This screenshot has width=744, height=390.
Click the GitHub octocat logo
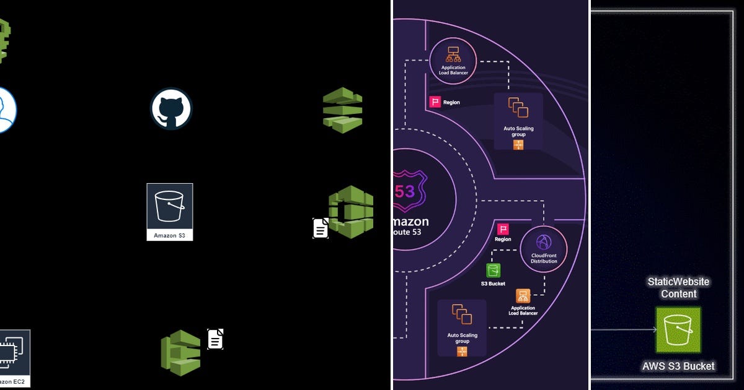(171, 109)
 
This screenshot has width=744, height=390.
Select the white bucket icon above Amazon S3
(170, 206)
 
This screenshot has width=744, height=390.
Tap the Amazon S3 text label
(170, 235)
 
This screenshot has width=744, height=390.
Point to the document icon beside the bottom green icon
(215, 339)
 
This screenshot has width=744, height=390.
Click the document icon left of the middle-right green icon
(321, 228)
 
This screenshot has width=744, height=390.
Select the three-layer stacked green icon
(342, 110)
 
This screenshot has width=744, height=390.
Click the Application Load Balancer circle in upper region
(453, 60)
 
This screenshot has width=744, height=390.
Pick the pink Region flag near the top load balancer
(435, 102)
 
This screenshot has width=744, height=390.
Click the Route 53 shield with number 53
(404, 191)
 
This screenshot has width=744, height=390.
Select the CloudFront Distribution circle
(544, 249)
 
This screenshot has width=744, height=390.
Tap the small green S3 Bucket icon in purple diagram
(493, 271)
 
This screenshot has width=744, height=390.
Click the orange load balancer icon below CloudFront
(523, 296)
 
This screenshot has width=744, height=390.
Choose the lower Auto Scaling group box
(462, 328)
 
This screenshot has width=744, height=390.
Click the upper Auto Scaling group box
(518, 121)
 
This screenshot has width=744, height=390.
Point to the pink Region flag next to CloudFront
(503, 229)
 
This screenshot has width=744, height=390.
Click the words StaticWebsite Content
(678, 288)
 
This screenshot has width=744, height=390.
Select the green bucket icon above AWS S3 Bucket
(678, 330)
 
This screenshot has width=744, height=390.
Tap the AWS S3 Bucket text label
(678, 366)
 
